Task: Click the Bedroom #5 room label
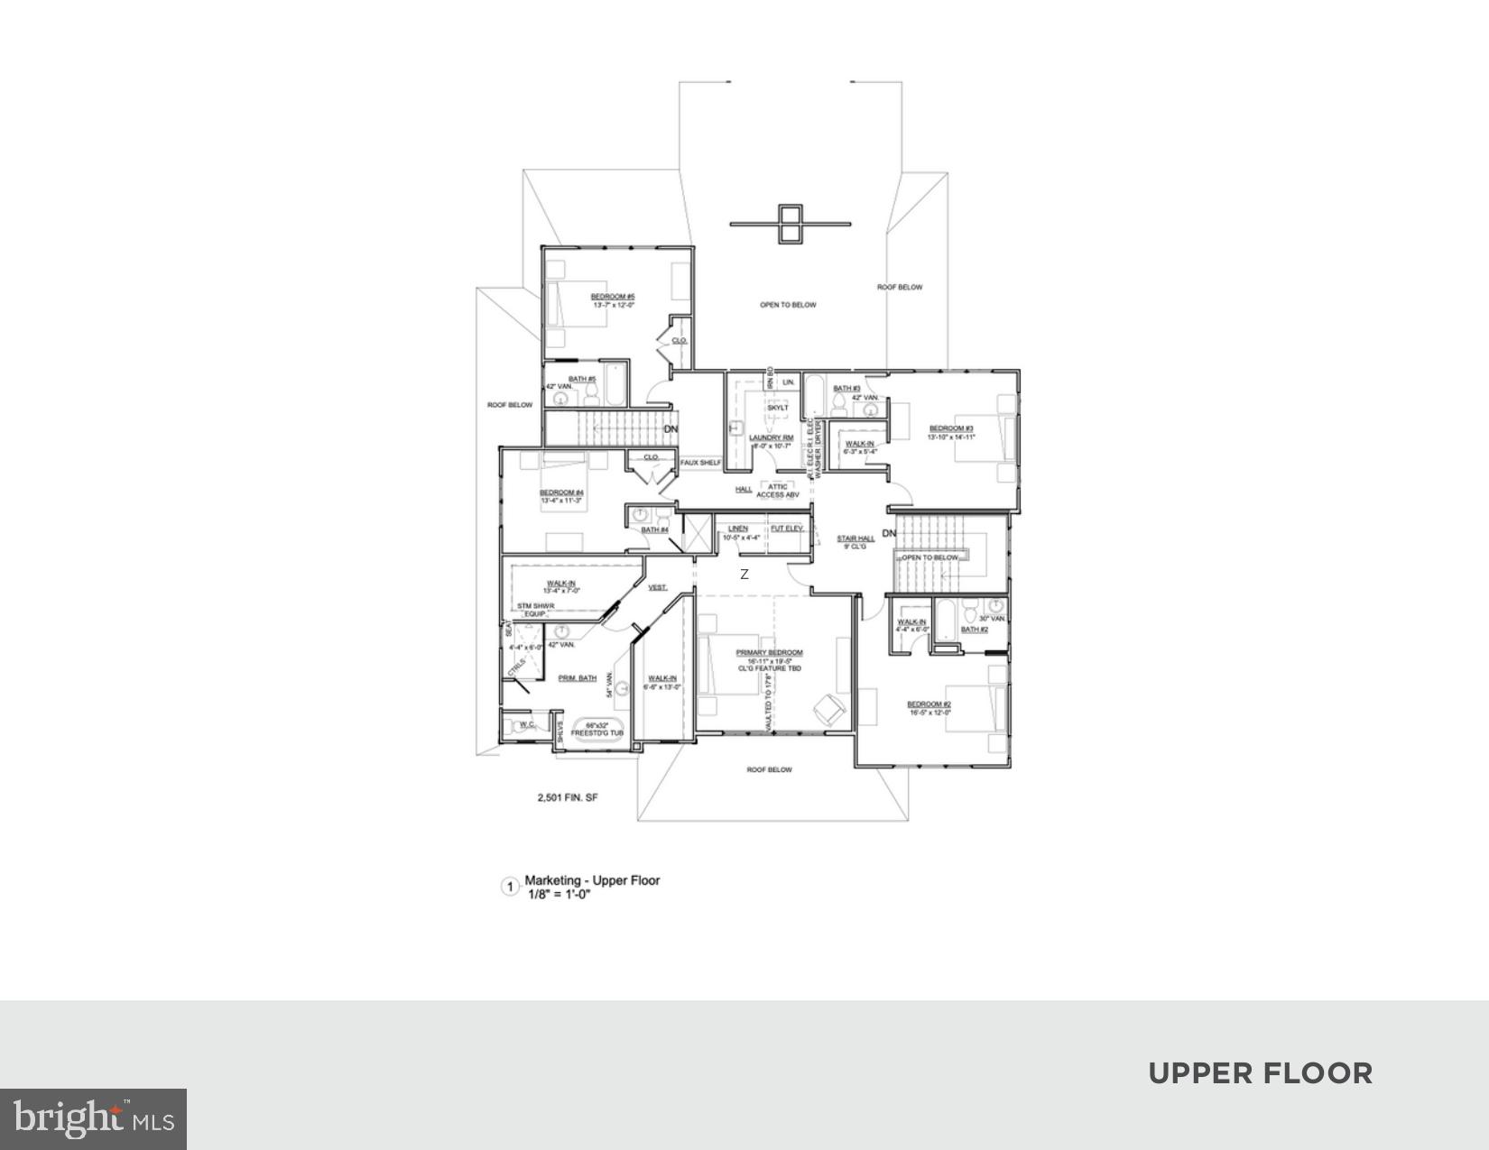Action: click(x=613, y=297)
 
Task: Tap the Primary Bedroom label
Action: click(x=769, y=652)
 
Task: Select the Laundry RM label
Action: click(x=771, y=437)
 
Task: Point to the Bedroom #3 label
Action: click(x=951, y=428)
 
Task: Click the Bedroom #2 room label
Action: click(x=929, y=704)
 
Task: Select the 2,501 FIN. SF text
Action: click(x=568, y=798)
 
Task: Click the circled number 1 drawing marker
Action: click(x=510, y=887)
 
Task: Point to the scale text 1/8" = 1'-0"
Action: click(x=560, y=896)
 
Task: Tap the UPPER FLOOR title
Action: click(x=1260, y=1073)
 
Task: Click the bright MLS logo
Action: click(x=93, y=1119)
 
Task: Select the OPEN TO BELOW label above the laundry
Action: click(x=787, y=305)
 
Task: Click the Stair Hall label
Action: click(x=855, y=538)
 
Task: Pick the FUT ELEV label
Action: click(x=786, y=529)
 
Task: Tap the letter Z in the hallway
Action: click(x=744, y=575)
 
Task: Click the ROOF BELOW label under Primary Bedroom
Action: click(x=769, y=769)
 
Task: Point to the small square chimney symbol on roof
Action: click(x=790, y=224)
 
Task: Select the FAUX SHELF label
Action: click(x=700, y=463)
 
